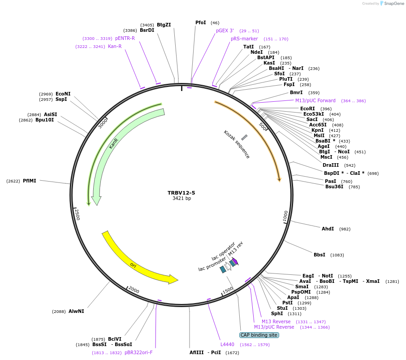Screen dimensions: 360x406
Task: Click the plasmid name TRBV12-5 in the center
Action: [x=181, y=193]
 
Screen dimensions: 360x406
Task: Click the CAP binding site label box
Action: [x=259, y=335]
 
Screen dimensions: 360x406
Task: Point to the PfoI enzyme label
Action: [x=201, y=22]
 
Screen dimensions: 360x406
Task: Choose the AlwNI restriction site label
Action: [x=76, y=311]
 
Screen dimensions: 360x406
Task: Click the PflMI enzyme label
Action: [x=30, y=181]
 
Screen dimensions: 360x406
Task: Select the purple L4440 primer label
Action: [x=227, y=344]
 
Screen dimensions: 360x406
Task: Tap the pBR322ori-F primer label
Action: [x=138, y=353]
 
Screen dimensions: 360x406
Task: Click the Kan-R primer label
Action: [x=115, y=46]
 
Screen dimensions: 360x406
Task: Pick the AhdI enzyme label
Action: [x=328, y=229]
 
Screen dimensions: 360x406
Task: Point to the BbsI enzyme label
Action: [x=320, y=255]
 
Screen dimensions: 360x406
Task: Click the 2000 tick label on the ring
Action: [x=134, y=290]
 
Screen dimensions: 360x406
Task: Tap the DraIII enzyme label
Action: [x=331, y=165]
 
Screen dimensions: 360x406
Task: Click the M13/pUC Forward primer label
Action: [x=315, y=100]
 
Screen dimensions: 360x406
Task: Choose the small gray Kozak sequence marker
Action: [x=244, y=137]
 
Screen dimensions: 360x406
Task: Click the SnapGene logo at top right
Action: [x=391, y=4]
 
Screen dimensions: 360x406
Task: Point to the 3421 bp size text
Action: [x=181, y=198]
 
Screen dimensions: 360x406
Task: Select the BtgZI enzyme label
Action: [x=164, y=25]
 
